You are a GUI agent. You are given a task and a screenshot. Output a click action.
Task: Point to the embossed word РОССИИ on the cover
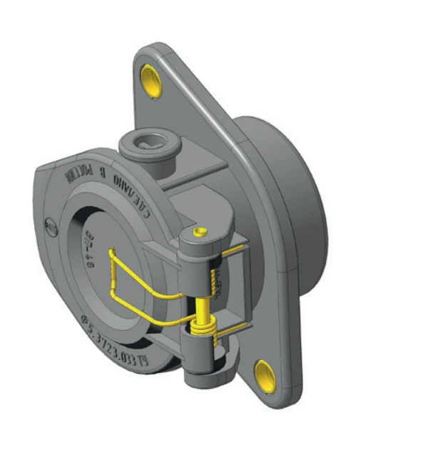(78, 174)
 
